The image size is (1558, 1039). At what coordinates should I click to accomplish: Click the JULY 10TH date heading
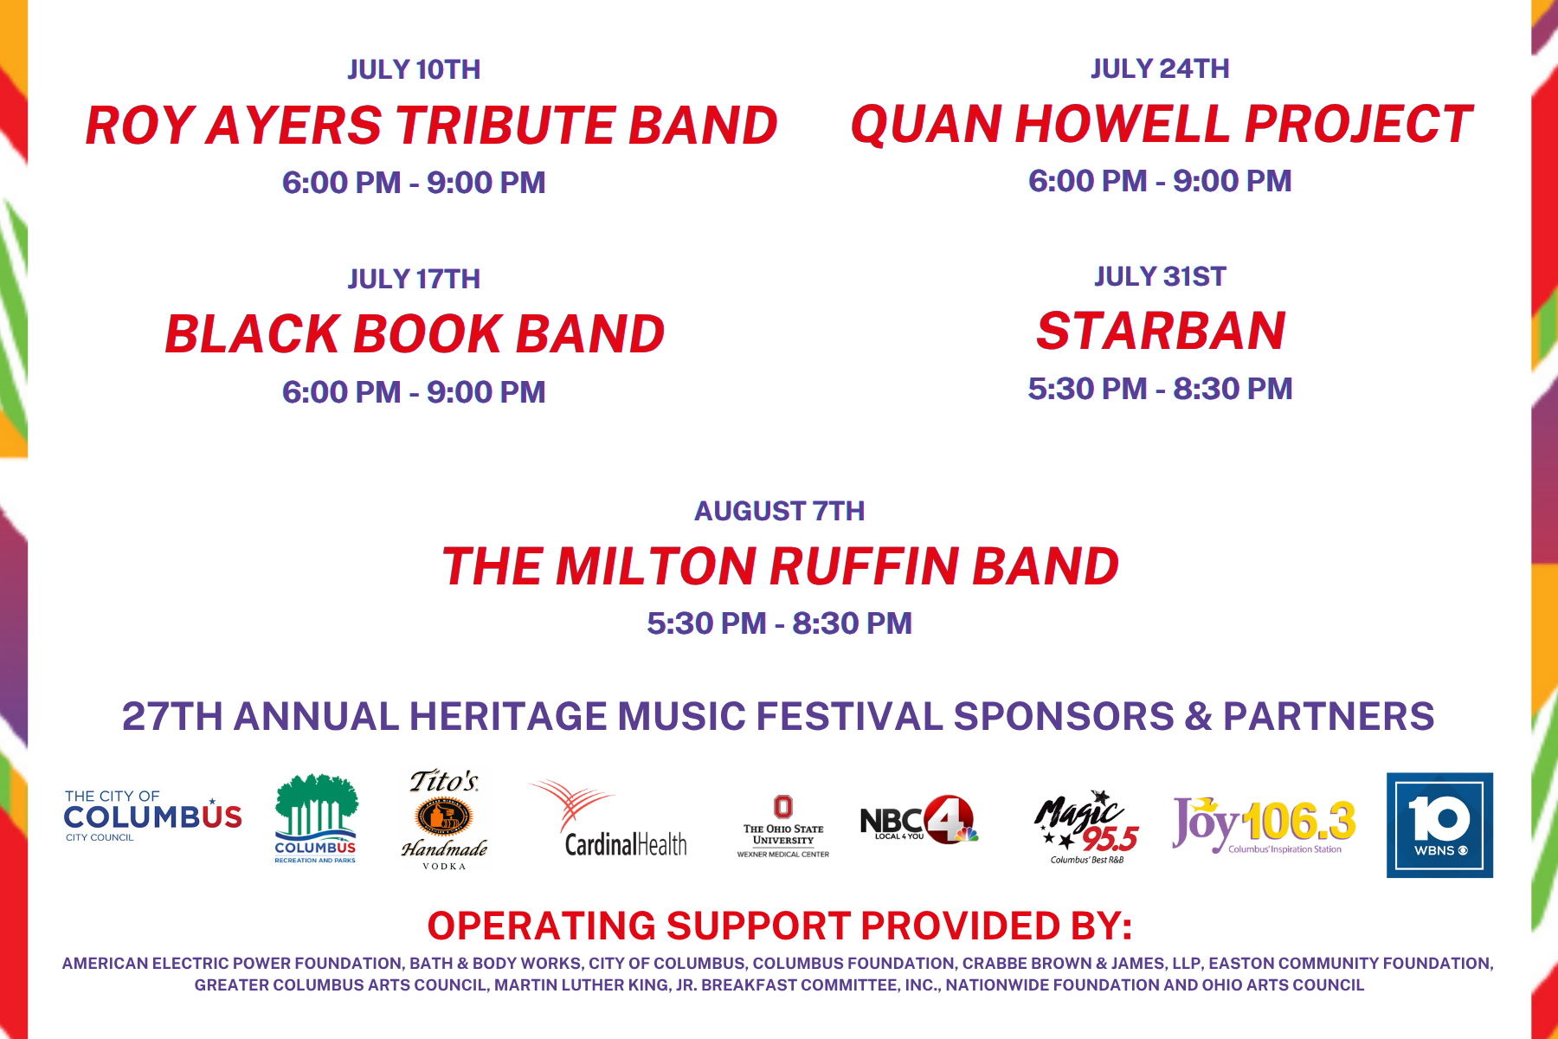(x=414, y=69)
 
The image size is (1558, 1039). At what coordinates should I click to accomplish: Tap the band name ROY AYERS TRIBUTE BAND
(x=431, y=125)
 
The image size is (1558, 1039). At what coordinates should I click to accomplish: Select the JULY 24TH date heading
(x=1160, y=68)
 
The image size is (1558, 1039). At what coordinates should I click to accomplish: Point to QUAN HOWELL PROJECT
(x=1162, y=123)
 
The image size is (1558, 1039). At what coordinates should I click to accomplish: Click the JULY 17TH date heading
(x=414, y=279)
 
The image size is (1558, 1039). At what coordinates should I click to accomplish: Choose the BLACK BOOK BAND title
(x=415, y=334)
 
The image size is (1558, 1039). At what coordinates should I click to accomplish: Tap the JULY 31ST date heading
(x=1160, y=276)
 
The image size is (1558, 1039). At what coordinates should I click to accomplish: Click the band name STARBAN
(x=1161, y=331)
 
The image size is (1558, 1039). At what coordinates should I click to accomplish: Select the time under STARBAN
(x=1160, y=389)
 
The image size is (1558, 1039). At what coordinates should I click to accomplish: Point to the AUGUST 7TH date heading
(x=779, y=511)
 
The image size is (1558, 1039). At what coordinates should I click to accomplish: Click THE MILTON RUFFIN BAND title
(x=780, y=566)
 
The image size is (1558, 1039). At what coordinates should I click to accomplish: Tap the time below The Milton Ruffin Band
(x=779, y=623)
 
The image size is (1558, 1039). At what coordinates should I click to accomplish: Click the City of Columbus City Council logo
(x=153, y=816)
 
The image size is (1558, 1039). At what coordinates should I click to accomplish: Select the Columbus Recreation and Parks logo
(x=316, y=818)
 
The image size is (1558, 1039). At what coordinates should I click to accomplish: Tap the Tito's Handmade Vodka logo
(x=444, y=819)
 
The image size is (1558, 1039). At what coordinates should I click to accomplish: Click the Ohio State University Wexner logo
(x=782, y=827)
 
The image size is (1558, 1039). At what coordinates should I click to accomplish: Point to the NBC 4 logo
(x=919, y=819)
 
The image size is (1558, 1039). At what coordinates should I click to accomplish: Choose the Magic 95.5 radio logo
(x=1086, y=827)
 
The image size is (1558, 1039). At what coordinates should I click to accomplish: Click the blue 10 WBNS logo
(x=1439, y=825)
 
